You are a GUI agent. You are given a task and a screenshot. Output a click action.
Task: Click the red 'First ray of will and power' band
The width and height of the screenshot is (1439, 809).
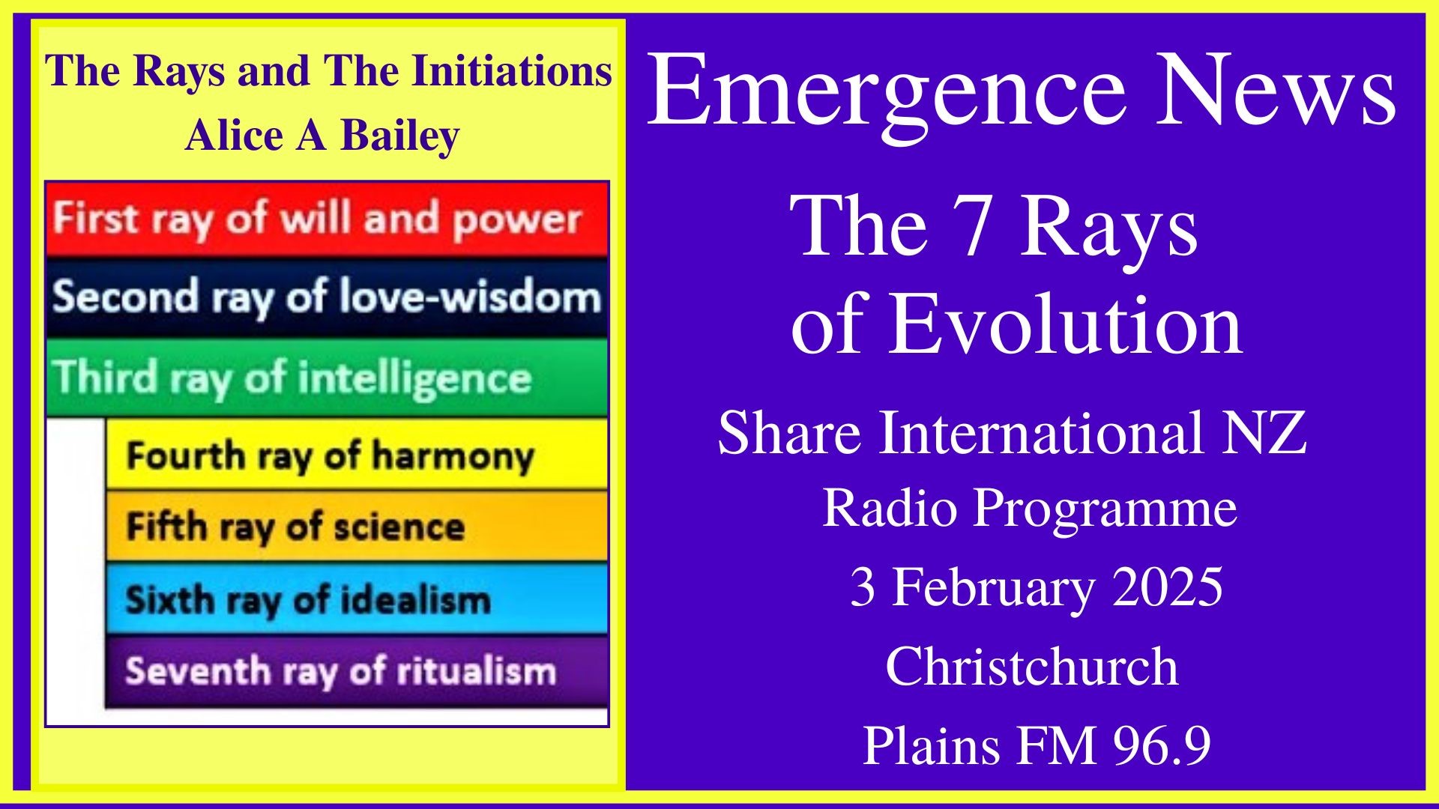coord(327,219)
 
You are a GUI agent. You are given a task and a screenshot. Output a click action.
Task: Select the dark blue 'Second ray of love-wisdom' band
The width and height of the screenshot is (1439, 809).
coord(327,297)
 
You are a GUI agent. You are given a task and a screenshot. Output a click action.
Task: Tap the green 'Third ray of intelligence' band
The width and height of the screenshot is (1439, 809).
coord(327,377)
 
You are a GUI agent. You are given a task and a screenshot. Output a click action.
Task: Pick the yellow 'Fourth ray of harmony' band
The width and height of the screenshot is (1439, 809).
coord(356,454)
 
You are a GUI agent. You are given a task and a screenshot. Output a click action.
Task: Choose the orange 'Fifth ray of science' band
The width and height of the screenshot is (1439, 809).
coord(356,526)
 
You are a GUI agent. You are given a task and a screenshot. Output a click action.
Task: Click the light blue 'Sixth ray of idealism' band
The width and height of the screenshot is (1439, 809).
coord(356,599)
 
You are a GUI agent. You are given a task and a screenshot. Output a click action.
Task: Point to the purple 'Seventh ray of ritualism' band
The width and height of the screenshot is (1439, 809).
coord(356,670)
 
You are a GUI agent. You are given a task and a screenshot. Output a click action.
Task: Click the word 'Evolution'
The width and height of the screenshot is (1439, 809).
coord(1065,324)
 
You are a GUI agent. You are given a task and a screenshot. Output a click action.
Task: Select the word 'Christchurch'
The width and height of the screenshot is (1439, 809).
coord(1031,667)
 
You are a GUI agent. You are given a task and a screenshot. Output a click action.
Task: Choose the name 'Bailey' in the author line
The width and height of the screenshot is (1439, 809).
coord(400,137)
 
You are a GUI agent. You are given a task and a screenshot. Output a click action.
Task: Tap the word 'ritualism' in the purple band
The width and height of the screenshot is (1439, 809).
coord(477,670)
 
